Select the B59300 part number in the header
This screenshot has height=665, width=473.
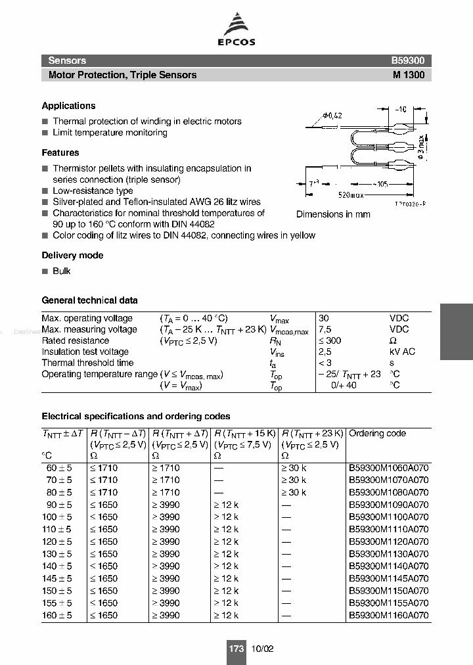tap(408, 60)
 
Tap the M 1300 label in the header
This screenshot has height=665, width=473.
tap(409, 75)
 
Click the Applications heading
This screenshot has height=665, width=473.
tap(68, 106)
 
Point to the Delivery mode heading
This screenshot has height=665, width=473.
tap(72, 256)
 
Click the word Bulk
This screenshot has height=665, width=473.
tap(61, 271)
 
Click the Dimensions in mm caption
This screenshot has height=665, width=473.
tap(333, 214)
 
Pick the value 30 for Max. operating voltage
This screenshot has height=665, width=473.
tap(324, 318)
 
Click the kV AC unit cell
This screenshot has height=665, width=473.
tap(402, 352)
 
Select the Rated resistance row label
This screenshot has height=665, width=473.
tap(75, 340)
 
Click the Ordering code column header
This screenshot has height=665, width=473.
tap(377, 434)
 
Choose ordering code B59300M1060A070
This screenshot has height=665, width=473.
tap(388, 468)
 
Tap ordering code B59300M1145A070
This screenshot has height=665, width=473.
tap(388, 579)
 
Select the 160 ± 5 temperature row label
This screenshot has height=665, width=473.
tap(57, 616)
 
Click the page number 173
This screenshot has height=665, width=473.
tap(236, 649)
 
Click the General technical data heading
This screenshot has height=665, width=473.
tap(89, 300)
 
